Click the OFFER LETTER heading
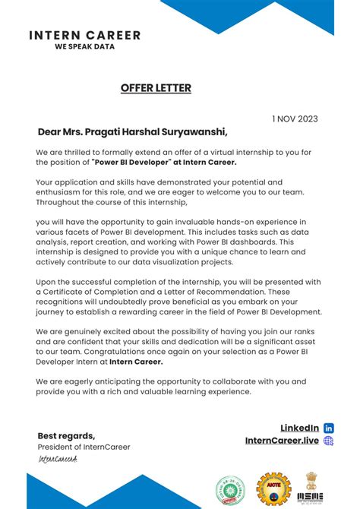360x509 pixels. click(x=156, y=88)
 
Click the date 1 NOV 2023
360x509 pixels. click(x=295, y=119)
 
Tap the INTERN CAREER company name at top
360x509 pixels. click(x=84, y=35)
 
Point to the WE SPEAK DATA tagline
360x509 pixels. click(x=84, y=46)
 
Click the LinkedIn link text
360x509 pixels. click(x=298, y=428)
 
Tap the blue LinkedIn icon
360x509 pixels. click(x=329, y=428)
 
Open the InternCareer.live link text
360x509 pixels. click(x=282, y=441)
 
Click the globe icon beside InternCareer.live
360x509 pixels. click(x=329, y=441)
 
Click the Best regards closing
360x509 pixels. click(x=67, y=435)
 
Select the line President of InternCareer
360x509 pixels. click(x=84, y=447)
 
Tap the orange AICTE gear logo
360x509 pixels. click(x=273, y=487)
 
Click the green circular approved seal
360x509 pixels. click(x=231, y=488)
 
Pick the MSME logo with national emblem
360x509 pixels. click(x=312, y=486)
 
